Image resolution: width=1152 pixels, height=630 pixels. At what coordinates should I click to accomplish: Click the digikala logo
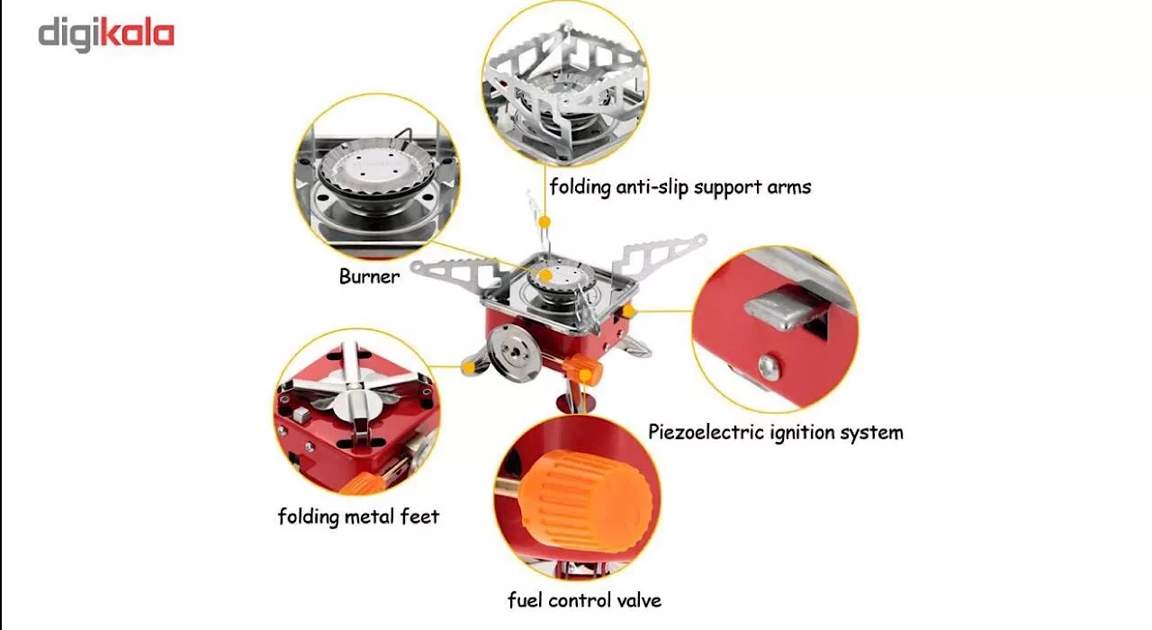click(106, 35)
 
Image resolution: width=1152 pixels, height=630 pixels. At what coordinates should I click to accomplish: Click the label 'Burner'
click(369, 277)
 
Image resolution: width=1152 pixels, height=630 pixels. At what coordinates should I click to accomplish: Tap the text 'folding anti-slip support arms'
click(679, 186)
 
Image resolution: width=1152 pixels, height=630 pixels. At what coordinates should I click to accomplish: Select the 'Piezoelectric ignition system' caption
click(775, 433)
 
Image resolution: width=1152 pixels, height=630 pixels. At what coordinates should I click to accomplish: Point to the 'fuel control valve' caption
click(584, 600)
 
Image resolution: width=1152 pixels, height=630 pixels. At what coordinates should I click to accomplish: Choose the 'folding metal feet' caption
click(358, 517)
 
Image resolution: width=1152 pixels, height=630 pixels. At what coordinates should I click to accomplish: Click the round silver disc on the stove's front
click(514, 353)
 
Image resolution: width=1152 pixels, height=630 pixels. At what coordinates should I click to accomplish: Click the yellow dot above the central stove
click(544, 222)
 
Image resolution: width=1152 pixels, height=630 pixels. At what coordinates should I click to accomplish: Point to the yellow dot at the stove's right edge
click(628, 311)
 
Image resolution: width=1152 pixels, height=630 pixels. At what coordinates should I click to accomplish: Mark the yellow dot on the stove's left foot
click(468, 367)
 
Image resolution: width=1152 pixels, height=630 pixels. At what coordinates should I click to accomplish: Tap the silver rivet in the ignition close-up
click(769, 366)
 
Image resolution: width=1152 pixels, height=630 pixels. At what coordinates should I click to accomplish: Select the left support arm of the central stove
click(459, 273)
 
